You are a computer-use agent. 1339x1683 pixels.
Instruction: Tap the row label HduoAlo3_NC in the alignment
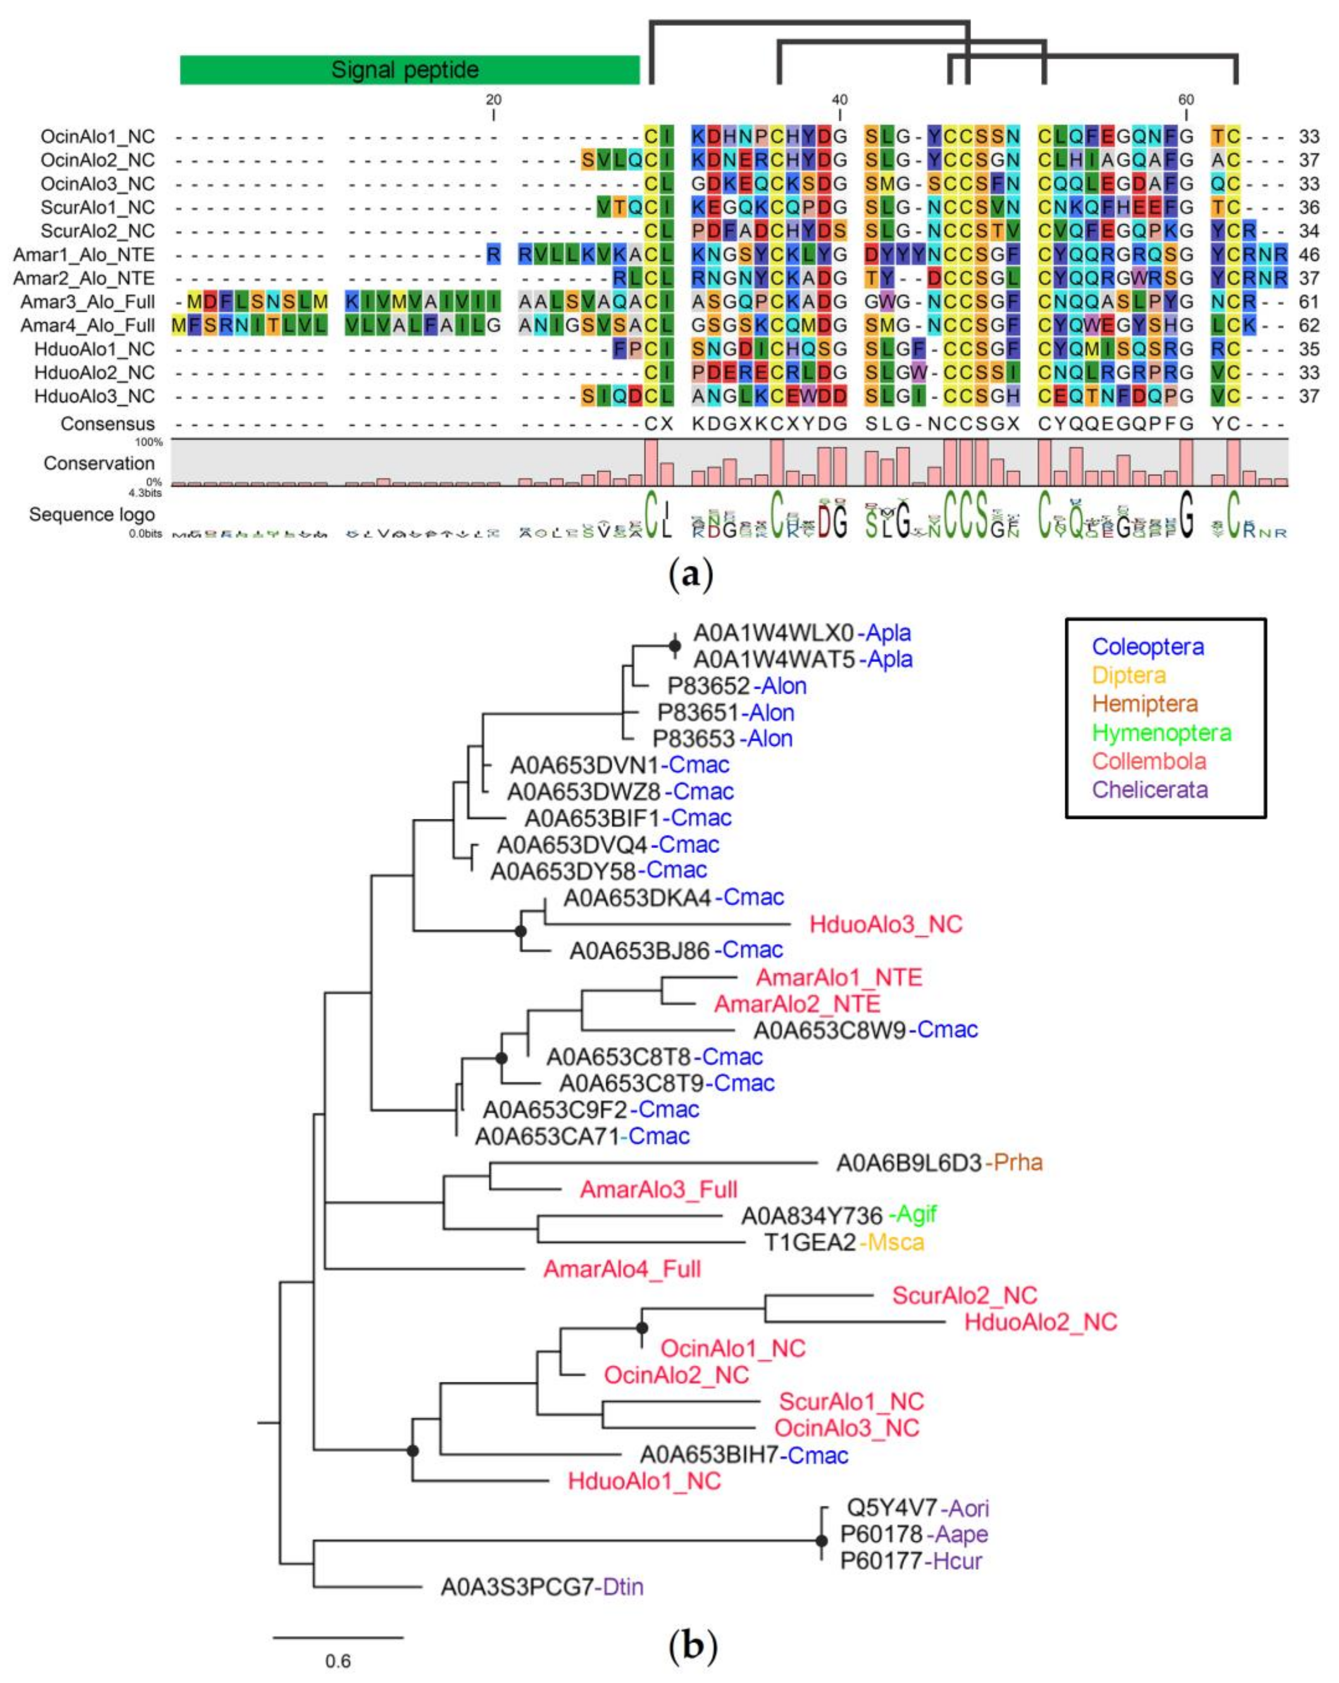pos(94,396)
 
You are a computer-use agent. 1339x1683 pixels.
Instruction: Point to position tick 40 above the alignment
pos(839,100)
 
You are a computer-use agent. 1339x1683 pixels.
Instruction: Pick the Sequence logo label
pos(92,515)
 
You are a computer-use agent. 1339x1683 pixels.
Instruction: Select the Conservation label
pos(99,463)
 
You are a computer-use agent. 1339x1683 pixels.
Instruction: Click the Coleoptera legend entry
pos(1148,646)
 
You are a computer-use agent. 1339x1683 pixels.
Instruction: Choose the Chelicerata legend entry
pos(1149,789)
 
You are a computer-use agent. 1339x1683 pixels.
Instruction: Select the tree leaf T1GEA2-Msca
pos(843,1242)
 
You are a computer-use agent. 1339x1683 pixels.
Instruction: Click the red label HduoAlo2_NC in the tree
pos(1041,1322)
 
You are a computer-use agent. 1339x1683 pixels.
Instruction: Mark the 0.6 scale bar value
pos(338,1660)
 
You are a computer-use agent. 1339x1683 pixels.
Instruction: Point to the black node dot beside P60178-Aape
pos(821,1541)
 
